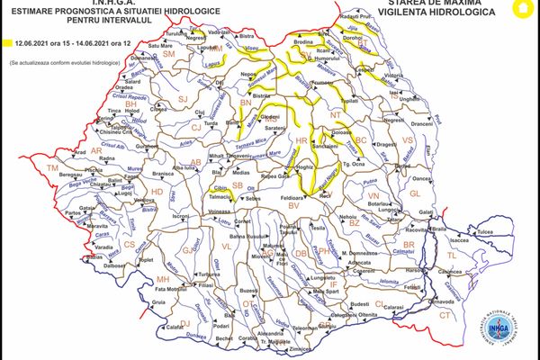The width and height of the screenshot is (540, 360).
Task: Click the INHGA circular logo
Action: click(509, 328)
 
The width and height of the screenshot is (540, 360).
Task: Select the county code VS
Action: click(407, 140)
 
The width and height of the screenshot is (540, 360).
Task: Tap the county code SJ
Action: click(182, 98)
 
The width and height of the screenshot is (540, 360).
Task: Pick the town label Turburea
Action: click(209, 274)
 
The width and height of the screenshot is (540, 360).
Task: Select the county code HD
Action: click(157, 191)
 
